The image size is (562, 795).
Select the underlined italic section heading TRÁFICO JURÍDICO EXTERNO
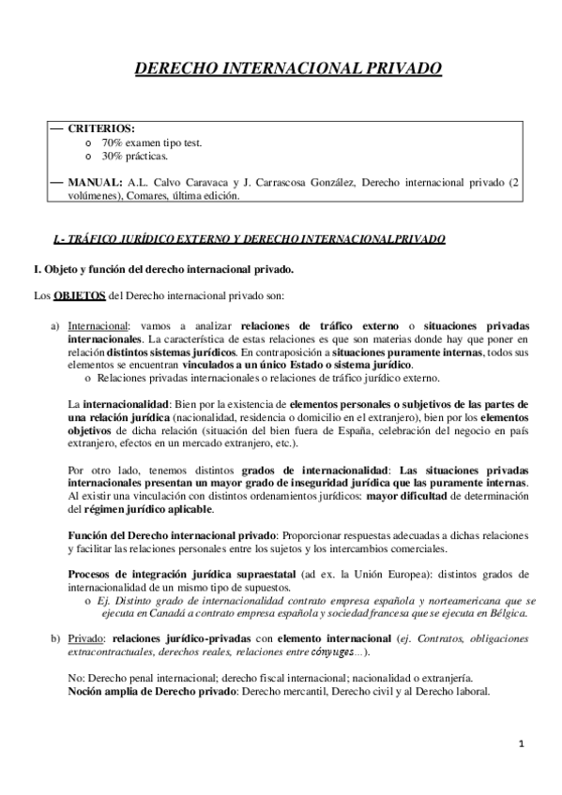[135, 240]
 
